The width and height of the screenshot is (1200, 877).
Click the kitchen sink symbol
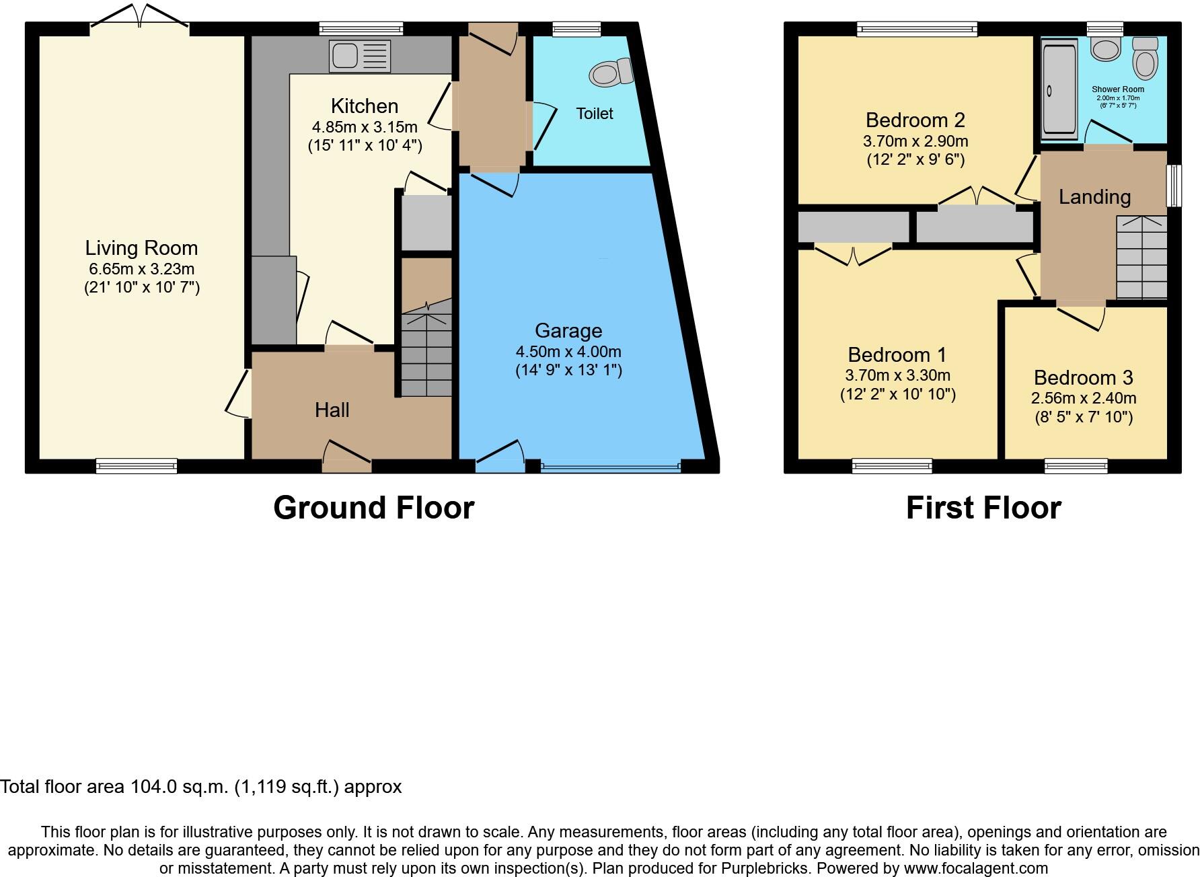tap(360, 56)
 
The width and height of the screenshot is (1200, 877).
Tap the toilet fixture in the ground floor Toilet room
tap(611, 72)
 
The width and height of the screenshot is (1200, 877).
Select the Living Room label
tap(141, 248)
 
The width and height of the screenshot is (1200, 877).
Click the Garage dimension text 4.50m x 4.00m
tap(568, 352)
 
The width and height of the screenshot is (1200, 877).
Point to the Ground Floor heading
tap(373, 508)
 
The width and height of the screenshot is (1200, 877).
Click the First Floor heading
tap(983, 508)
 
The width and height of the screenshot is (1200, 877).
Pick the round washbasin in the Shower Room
tap(1105, 48)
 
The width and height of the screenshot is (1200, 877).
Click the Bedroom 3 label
tap(1083, 378)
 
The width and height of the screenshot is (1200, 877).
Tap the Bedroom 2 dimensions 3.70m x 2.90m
tap(915, 141)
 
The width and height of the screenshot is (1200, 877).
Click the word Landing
tap(1094, 197)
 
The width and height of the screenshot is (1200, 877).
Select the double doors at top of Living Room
tap(140, 19)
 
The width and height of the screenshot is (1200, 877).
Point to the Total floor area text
tap(200, 787)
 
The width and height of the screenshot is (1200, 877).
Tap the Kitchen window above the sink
tap(361, 28)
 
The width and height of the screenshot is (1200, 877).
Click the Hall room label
tap(332, 410)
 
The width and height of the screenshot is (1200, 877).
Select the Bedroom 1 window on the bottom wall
tap(892, 465)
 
